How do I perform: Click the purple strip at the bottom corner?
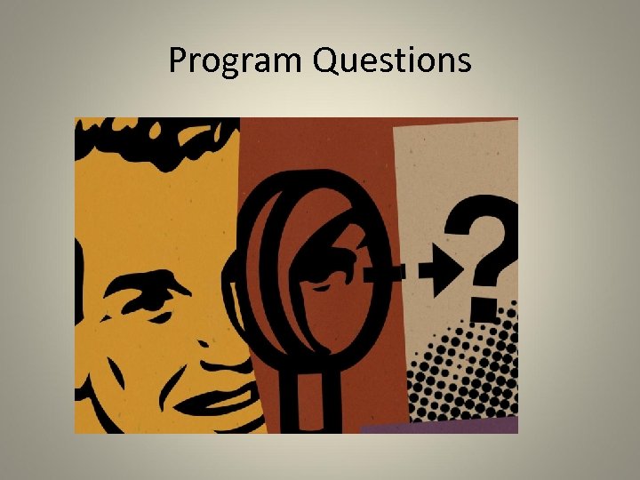(444, 426)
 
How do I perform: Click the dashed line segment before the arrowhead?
(400, 268)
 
